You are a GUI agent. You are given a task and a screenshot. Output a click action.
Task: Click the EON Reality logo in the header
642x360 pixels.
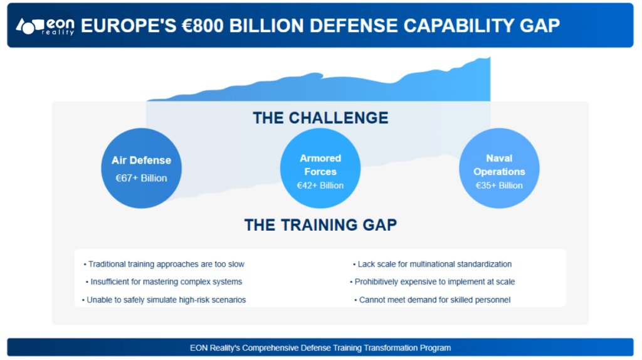(45, 26)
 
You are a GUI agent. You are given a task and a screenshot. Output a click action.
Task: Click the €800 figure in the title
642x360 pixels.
(203, 25)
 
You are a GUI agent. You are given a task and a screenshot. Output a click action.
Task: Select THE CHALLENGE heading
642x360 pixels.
(320, 118)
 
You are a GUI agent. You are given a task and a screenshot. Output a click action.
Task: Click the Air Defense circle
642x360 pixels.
(141, 168)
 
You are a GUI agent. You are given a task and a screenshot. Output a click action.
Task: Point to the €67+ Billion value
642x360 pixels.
(141, 178)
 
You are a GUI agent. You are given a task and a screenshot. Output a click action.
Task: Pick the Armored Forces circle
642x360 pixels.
(320, 168)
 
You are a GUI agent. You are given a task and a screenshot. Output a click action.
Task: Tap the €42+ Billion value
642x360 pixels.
(320, 186)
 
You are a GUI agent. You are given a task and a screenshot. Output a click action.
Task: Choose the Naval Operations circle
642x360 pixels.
(499, 168)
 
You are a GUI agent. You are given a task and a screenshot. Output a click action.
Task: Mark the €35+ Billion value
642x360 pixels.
(499, 186)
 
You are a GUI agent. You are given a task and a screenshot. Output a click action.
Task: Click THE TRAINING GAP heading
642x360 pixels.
(320, 225)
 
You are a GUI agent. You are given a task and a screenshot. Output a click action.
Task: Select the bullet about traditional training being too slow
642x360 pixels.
(164, 264)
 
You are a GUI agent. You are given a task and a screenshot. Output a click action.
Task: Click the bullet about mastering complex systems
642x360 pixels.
(164, 282)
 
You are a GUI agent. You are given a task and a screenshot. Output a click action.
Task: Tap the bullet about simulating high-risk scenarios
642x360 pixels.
(164, 300)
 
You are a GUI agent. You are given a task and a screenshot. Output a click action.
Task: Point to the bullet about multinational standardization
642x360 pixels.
(433, 264)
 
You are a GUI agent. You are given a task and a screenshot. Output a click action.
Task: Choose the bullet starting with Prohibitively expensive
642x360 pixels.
(433, 282)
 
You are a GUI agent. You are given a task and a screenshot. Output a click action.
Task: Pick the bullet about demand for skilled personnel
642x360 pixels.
(433, 300)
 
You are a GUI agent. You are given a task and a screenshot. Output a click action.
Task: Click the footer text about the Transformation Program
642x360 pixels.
(320, 347)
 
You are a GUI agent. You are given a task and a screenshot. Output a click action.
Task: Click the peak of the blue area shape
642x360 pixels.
(489, 58)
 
